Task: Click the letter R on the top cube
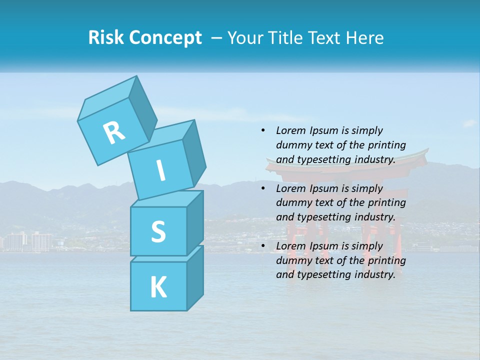click(114, 132)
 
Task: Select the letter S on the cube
click(158, 231)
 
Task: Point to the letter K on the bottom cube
click(158, 287)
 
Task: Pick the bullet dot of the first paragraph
click(263, 131)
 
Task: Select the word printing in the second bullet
click(388, 203)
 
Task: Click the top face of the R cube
click(106, 98)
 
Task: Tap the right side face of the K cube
click(195, 277)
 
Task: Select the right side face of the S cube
click(195, 222)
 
